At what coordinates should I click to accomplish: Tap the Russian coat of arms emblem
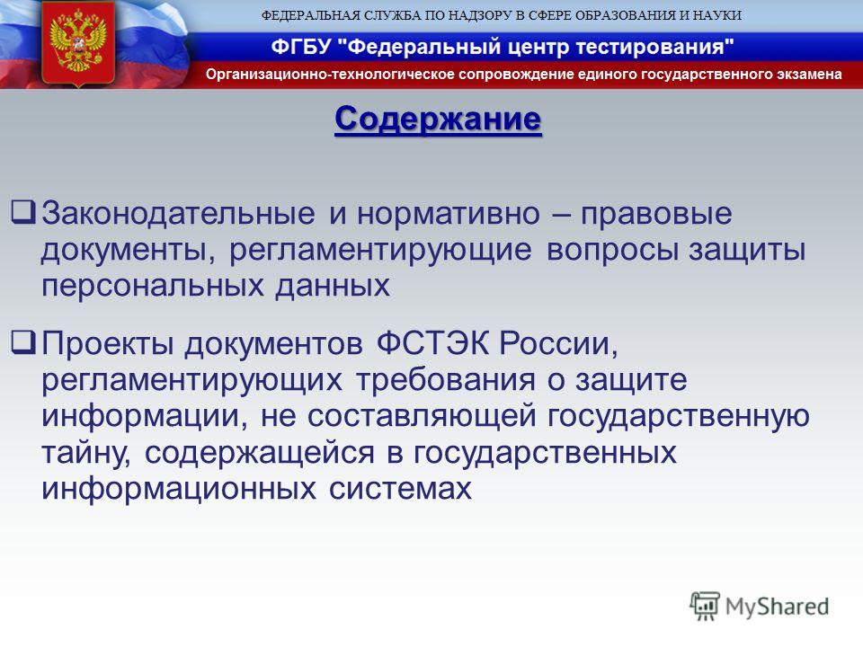(77, 44)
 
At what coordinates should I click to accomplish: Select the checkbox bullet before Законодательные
(23, 212)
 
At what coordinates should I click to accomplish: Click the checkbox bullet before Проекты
(23, 342)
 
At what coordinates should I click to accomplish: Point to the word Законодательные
(178, 214)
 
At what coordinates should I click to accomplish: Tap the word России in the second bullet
(558, 344)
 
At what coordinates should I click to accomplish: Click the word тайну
(86, 454)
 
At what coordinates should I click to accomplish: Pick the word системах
(400, 489)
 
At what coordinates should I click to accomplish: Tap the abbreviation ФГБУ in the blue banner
(301, 47)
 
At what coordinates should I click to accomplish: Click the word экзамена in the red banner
(809, 75)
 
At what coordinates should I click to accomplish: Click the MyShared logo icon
(705, 606)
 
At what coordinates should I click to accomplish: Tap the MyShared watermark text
(777, 607)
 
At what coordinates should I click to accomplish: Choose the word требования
(445, 380)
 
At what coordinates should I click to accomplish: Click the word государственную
(679, 417)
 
